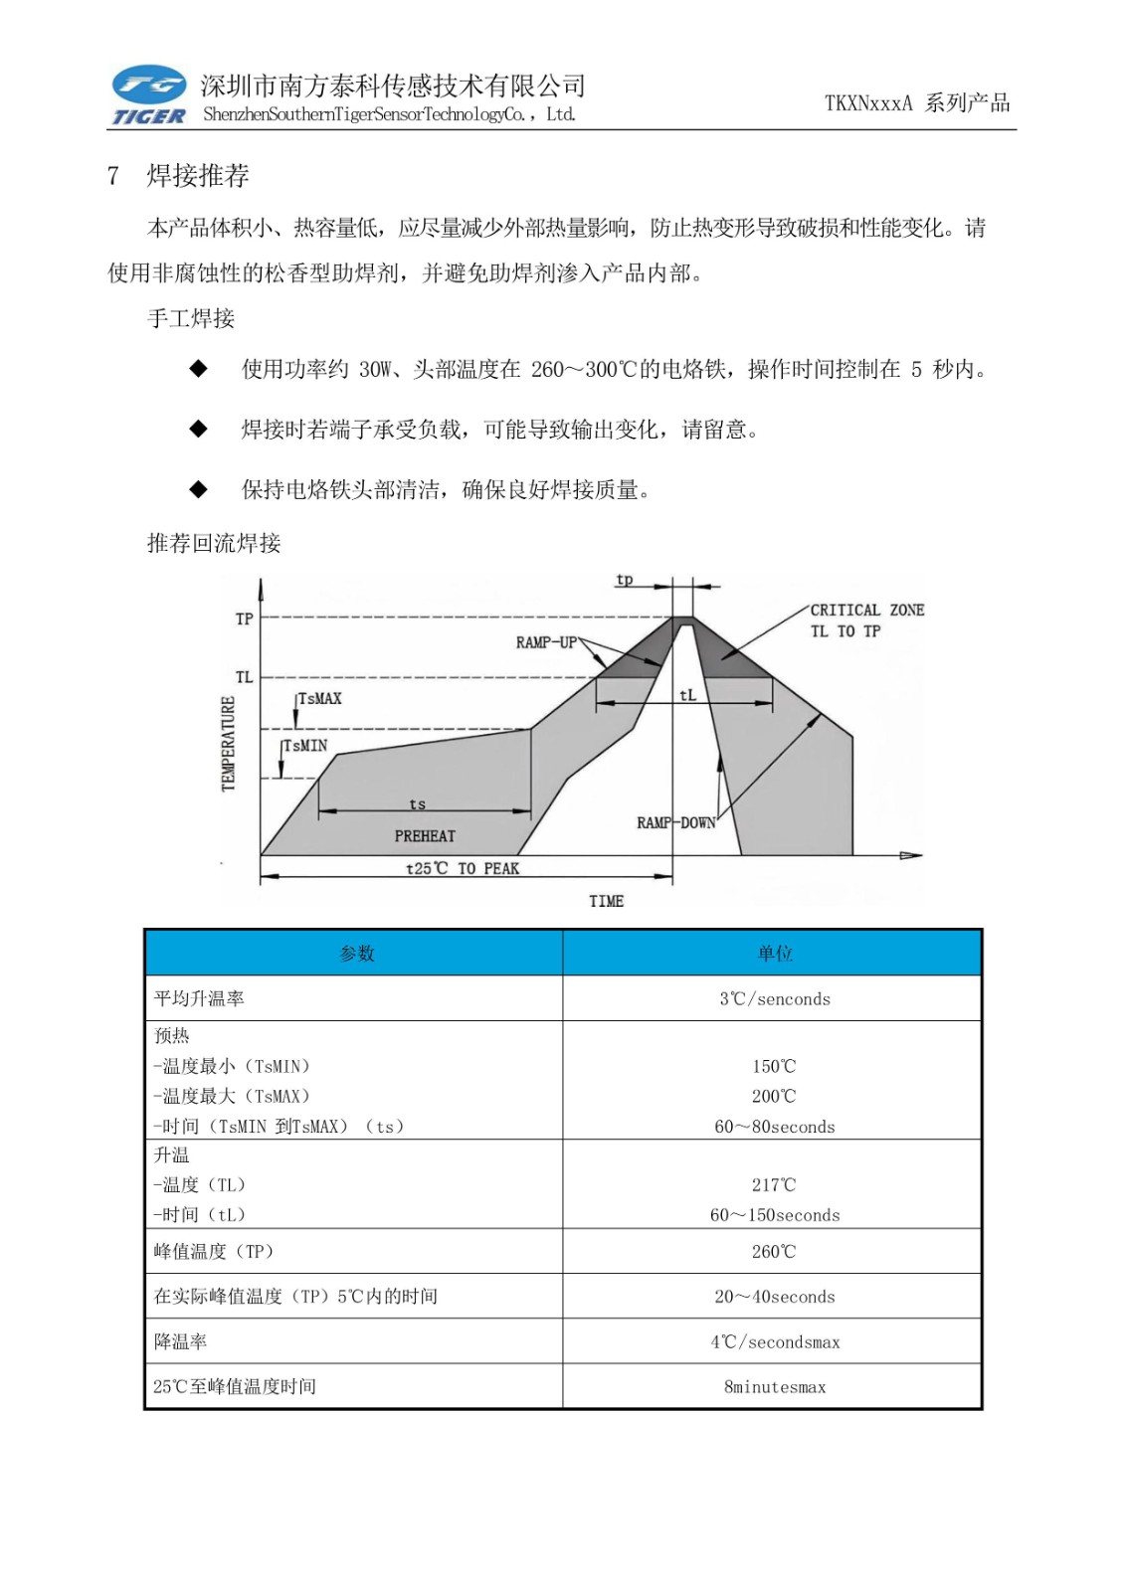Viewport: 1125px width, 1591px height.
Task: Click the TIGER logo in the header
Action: (148, 95)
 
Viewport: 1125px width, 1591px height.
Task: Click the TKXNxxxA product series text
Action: (916, 102)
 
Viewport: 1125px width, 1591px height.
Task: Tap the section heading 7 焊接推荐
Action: (178, 176)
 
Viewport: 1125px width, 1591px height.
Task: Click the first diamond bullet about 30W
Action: (199, 369)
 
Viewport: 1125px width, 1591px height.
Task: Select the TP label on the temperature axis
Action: (244, 619)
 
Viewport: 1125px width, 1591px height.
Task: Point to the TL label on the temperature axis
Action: (244, 677)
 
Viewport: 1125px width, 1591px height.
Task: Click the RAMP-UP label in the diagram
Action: (546, 642)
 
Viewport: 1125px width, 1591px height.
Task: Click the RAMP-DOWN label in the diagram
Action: (676, 822)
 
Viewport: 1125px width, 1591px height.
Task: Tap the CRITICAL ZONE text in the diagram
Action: (866, 611)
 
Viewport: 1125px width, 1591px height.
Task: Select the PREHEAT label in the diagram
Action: (425, 836)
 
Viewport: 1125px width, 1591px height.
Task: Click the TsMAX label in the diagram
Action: (319, 699)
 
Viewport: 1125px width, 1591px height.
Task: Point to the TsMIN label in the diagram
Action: (305, 746)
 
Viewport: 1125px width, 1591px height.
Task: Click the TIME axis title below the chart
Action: (606, 901)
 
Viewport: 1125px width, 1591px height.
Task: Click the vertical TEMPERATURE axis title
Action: (229, 743)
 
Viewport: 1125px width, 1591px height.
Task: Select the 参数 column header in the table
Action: (356, 953)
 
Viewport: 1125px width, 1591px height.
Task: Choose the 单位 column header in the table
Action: (774, 953)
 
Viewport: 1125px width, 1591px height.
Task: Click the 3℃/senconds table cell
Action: (774, 998)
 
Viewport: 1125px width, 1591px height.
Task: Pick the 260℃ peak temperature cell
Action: (774, 1251)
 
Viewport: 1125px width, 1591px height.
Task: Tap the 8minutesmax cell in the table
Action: (774, 1386)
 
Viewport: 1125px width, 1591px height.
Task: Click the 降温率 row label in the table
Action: (180, 1341)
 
